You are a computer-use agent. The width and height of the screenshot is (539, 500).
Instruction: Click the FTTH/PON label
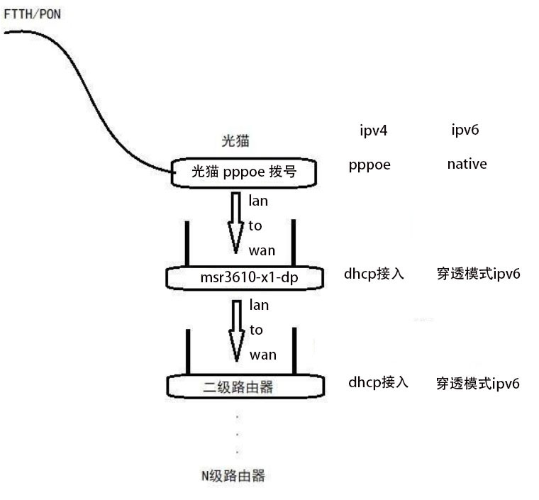33,14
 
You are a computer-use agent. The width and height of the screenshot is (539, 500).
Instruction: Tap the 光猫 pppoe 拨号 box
244,172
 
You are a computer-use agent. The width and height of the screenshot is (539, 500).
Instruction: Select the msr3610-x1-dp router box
244,278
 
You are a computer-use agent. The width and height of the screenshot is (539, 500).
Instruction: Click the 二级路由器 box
244,387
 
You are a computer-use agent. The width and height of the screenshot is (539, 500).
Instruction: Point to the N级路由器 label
233,475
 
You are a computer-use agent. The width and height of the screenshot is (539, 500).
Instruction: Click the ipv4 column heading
374,130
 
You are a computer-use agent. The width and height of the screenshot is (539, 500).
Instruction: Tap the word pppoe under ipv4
369,165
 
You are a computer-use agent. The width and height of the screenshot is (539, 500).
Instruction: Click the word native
467,165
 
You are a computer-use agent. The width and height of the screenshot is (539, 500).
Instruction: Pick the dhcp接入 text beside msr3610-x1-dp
374,274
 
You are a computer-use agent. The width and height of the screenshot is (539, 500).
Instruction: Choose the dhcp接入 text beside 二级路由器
378,382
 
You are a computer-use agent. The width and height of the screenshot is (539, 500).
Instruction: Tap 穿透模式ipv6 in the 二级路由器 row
478,384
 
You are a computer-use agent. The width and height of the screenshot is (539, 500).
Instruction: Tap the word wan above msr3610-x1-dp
262,250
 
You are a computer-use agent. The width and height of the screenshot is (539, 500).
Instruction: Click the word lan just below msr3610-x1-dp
258,306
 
